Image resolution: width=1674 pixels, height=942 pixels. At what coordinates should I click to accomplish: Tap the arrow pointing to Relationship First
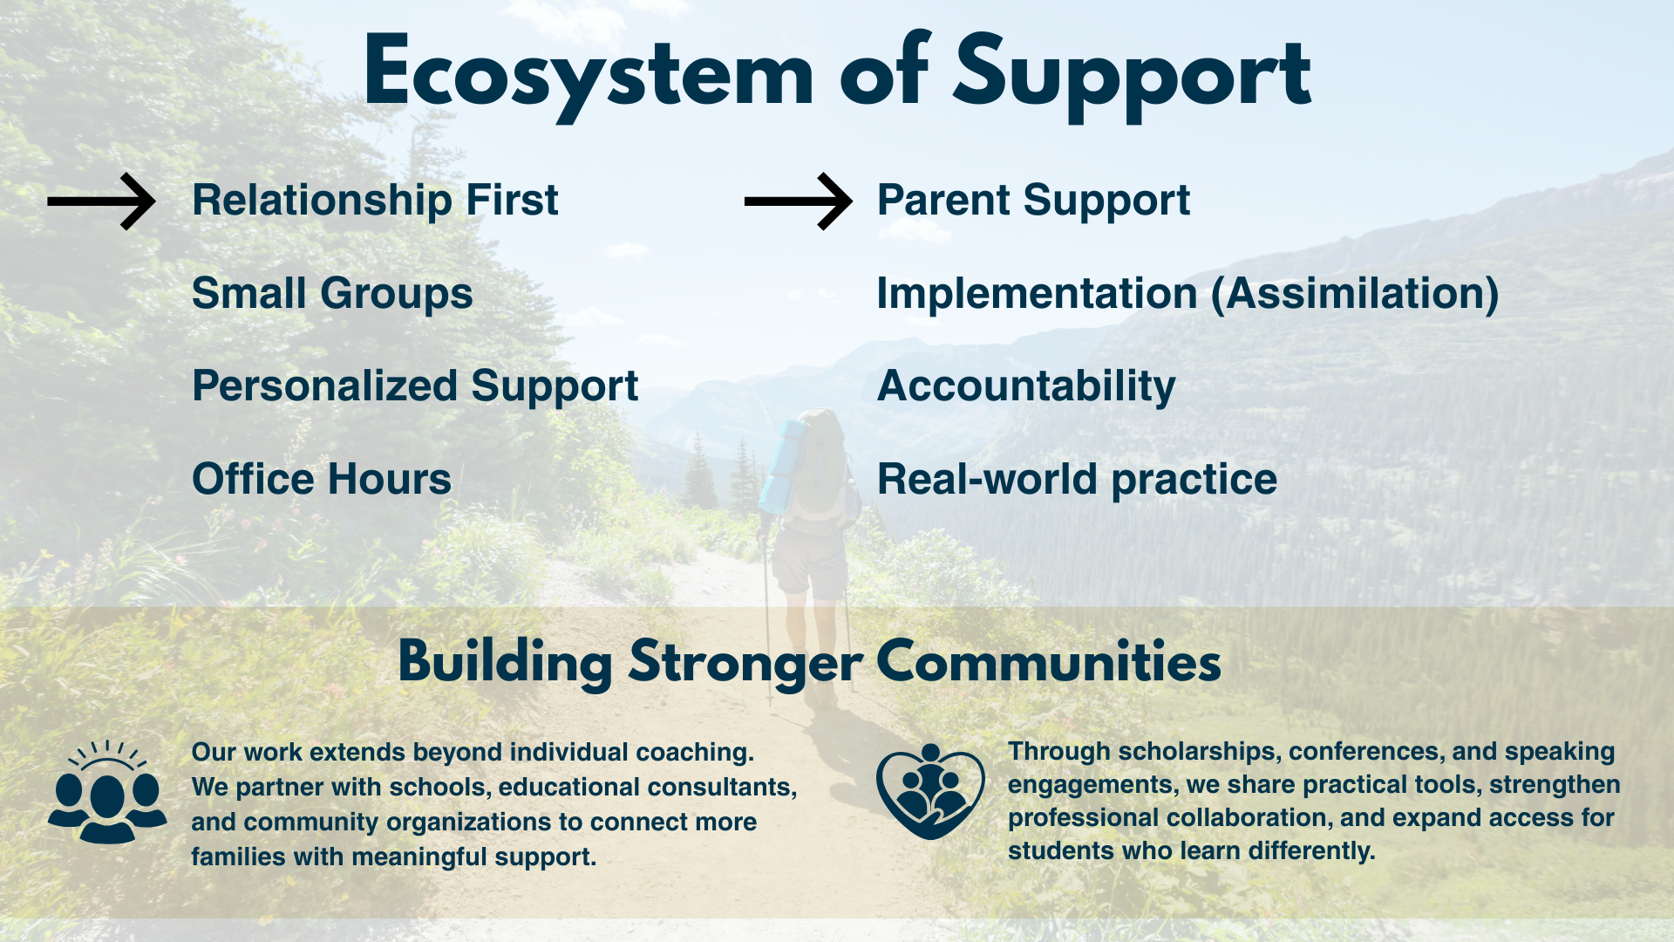(x=101, y=201)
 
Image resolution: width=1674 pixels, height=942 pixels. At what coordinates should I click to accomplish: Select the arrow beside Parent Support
(x=799, y=201)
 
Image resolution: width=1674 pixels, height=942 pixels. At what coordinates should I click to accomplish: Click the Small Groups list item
(x=332, y=293)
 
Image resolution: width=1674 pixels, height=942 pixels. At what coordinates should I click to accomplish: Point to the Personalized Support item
(x=415, y=386)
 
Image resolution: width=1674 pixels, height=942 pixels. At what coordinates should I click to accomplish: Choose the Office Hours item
(x=322, y=479)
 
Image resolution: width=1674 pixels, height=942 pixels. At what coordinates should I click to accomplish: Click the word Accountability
(x=1026, y=386)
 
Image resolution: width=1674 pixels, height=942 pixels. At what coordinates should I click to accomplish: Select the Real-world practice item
(x=1077, y=480)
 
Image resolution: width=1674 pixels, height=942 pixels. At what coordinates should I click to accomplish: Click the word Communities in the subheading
(x=1048, y=662)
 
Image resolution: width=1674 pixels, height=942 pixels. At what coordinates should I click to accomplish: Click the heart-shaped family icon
(x=930, y=791)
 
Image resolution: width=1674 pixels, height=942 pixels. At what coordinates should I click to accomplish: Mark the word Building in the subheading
(x=506, y=663)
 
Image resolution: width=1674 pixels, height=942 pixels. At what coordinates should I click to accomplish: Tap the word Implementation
(x=1038, y=294)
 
